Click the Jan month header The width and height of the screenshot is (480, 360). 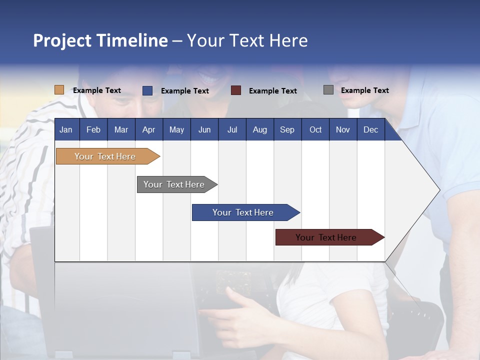[66, 129]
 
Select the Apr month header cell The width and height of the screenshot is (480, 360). [148, 129]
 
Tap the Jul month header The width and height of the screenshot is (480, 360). [232, 129]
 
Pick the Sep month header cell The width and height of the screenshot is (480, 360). [287, 129]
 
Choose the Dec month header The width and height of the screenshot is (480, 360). [370, 129]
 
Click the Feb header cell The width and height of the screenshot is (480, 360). [93, 129]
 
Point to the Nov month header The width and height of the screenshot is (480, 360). [342, 129]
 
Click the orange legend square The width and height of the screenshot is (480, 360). [59, 90]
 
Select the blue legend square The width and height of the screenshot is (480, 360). [147, 90]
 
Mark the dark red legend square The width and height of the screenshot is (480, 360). [235, 90]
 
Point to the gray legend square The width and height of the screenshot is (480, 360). [328, 90]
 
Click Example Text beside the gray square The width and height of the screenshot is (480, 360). [364, 90]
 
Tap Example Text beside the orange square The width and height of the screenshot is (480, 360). [96, 90]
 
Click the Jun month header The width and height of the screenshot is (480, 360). [204, 129]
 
